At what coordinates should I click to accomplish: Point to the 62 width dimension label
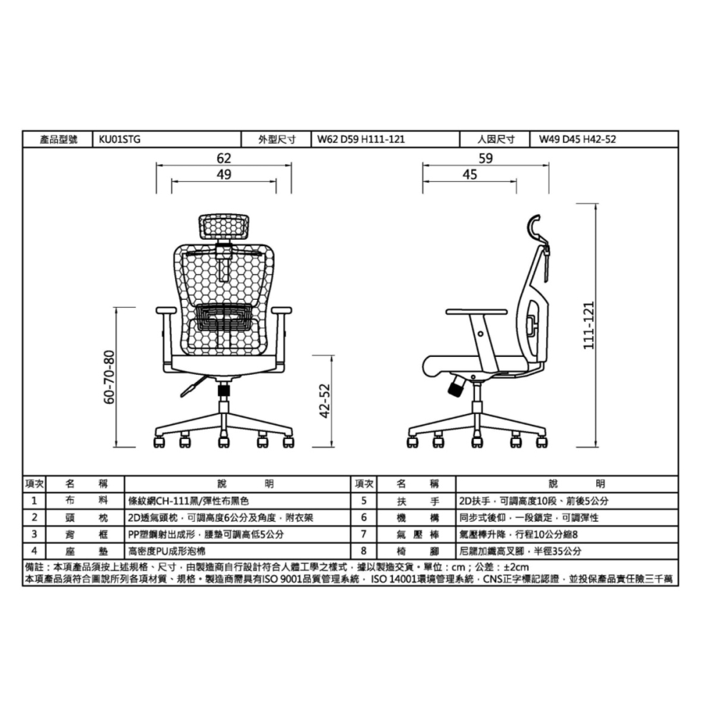(x=224, y=159)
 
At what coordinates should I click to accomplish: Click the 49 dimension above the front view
(x=224, y=175)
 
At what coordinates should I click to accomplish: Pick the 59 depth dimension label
(x=486, y=159)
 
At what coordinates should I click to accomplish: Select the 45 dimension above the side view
(x=469, y=175)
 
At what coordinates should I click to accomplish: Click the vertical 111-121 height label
(x=589, y=323)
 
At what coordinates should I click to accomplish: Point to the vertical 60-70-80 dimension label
(x=109, y=376)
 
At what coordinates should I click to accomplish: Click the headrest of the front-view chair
(x=224, y=228)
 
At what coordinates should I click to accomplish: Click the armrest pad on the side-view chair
(x=476, y=312)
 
